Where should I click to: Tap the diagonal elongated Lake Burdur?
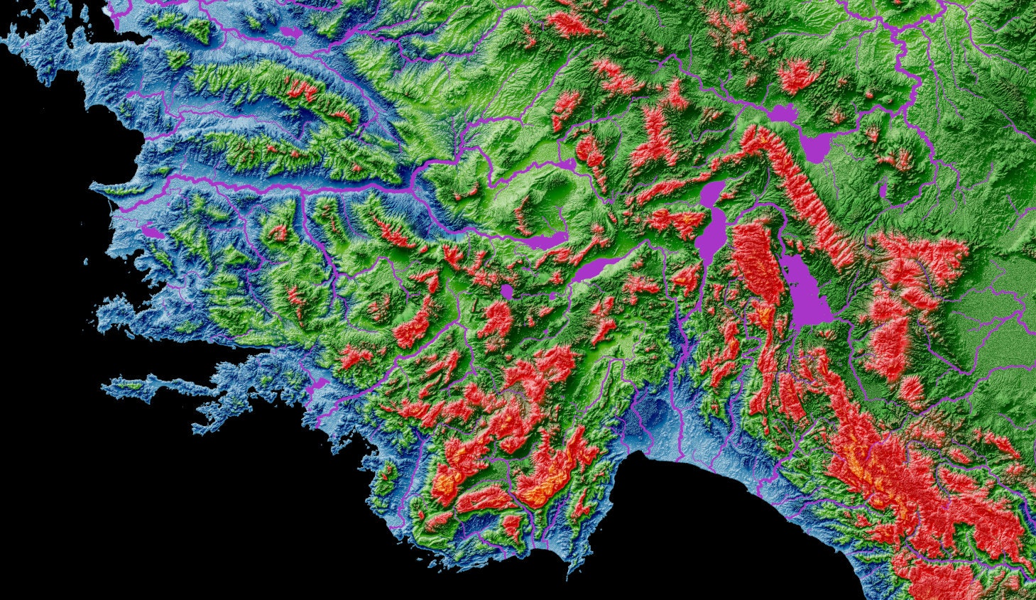(x=596, y=268)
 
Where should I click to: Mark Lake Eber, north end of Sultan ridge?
(x=781, y=113)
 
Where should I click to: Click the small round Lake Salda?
(x=506, y=291)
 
